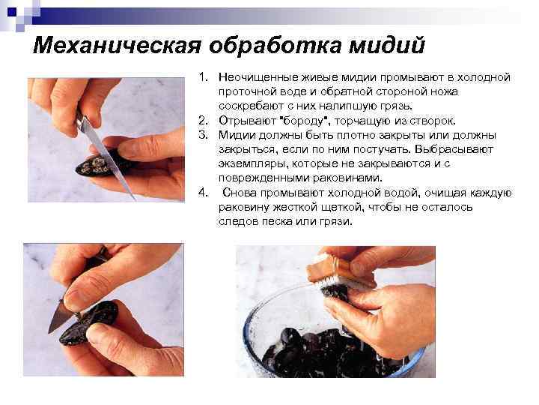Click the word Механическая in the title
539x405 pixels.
point(117,45)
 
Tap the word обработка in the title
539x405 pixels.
point(275,45)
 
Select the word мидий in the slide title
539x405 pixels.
point(387,45)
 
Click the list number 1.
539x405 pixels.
point(203,77)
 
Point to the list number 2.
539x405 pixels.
point(203,121)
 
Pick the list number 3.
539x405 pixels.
point(203,135)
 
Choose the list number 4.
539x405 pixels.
point(203,192)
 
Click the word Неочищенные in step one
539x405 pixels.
point(258,77)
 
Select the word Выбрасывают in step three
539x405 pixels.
point(454,149)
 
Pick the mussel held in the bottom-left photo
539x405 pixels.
point(89,324)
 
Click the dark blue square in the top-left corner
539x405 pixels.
point(12,13)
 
